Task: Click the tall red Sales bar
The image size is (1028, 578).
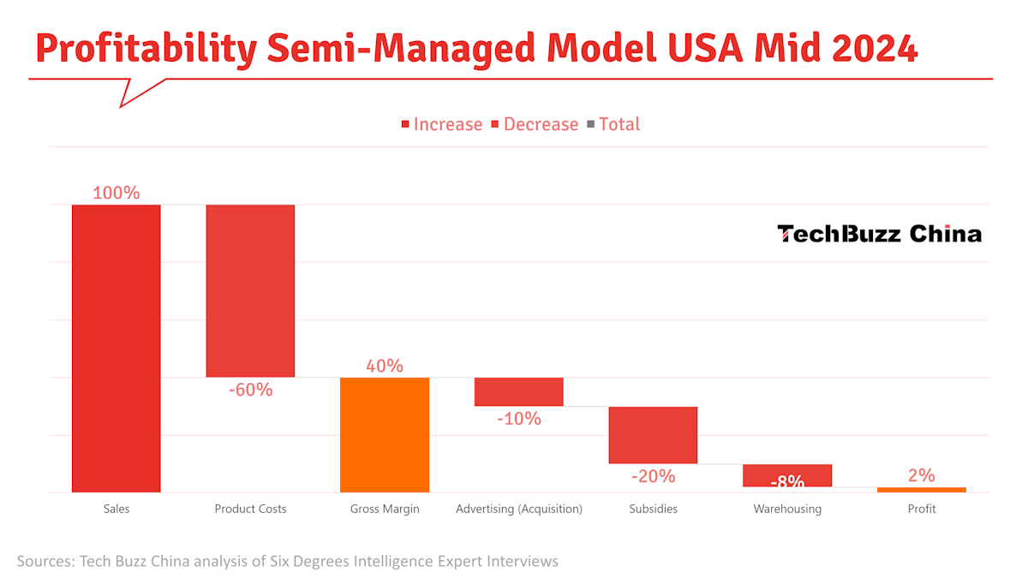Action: pyautogui.click(x=117, y=349)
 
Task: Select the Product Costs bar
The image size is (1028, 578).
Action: pyautogui.click(x=250, y=291)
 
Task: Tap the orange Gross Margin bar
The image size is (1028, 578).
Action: pyautogui.click(x=385, y=435)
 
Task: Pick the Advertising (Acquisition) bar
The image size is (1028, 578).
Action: pyautogui.click(x=518, y=392)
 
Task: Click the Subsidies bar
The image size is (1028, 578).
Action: pyautogui.click(x=653, y=435)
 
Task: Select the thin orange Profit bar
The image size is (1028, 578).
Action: pyautogui.click(x=922, y=490)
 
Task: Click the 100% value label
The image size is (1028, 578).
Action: pyautogui.click(x=117, y=193)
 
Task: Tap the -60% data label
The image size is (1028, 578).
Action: pyautogui.click(x=250, y=390)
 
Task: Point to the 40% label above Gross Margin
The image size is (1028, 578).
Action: pyautogui.click(x=385, y=366)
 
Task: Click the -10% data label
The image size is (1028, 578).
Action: pyautogui.click(x=519, y=419)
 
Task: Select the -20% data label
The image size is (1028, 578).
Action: pyautogui.click(x=653, y=477)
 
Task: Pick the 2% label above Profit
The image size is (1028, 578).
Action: pyautogui.click(x=922, y=475)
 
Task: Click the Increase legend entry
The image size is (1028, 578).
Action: pyautogui.click(x=442, y=124)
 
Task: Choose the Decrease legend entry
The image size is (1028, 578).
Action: pyautogui.click(x=535, y=124)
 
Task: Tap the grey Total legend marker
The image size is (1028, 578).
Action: pyautogui.click(x=590, y=124)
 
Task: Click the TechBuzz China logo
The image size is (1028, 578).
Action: pyautogui.click(x=879, y=234)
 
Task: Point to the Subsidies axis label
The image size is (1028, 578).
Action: pyautogui.click(x=653, y=509)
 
